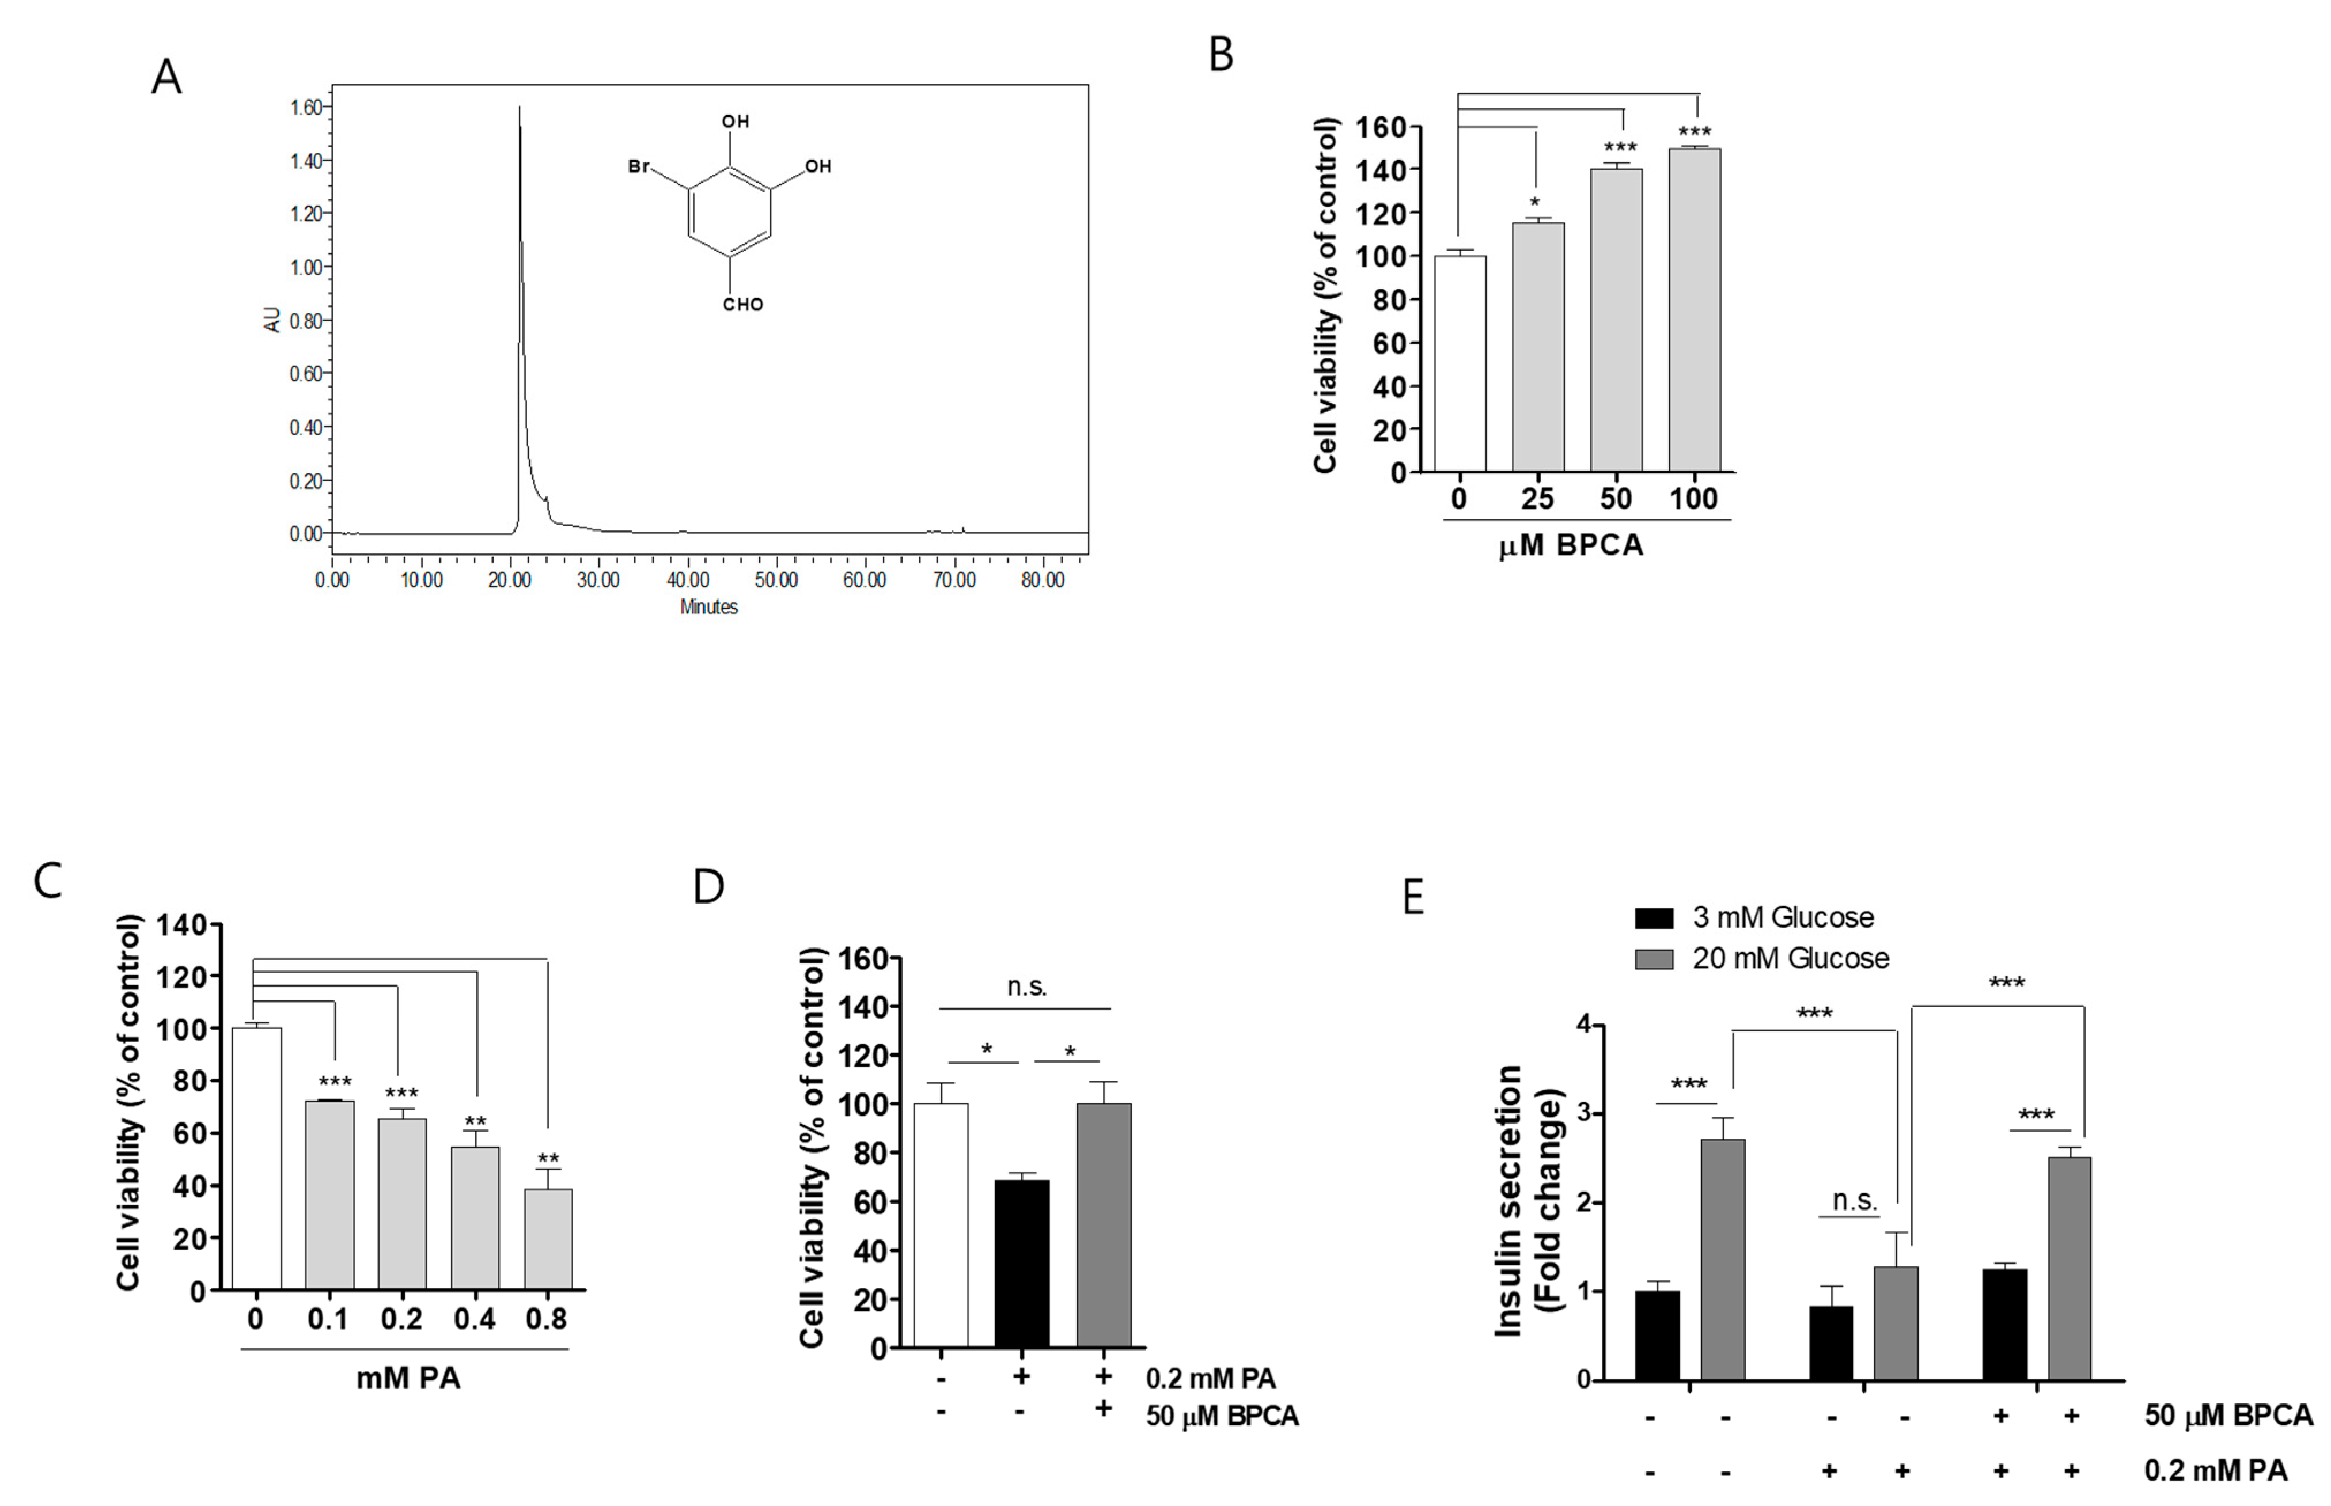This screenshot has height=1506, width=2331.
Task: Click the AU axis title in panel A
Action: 273,320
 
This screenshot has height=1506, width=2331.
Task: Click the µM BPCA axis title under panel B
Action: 1571,545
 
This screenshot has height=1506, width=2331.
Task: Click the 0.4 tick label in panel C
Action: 474,1319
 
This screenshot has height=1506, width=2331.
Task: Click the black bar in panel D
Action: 1022,1264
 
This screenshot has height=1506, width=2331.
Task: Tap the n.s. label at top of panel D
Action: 1026,987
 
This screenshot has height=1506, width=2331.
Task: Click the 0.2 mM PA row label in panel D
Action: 1211,1378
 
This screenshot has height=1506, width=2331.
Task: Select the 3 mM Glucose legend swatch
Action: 1654,917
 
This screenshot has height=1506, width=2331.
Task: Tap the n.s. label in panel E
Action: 1854,1200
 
